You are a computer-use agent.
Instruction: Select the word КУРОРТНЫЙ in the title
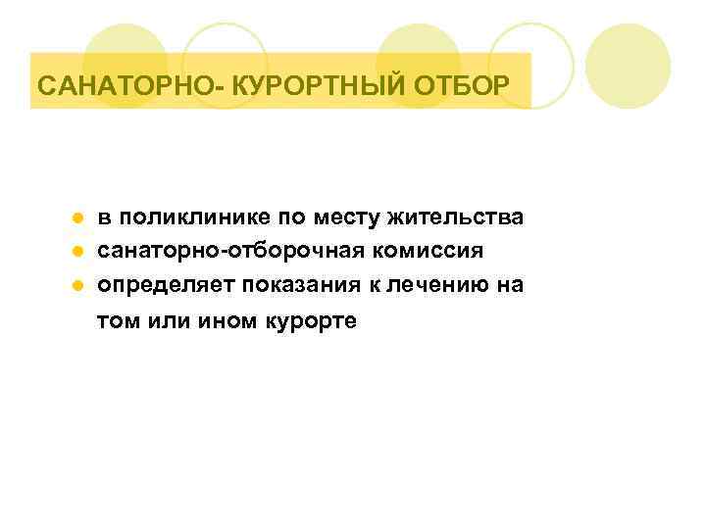[308, 86]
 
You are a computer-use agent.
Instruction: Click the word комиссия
[426, 251]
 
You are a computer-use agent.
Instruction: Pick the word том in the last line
[117, 322]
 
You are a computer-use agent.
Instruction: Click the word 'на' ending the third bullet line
[511, 286]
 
